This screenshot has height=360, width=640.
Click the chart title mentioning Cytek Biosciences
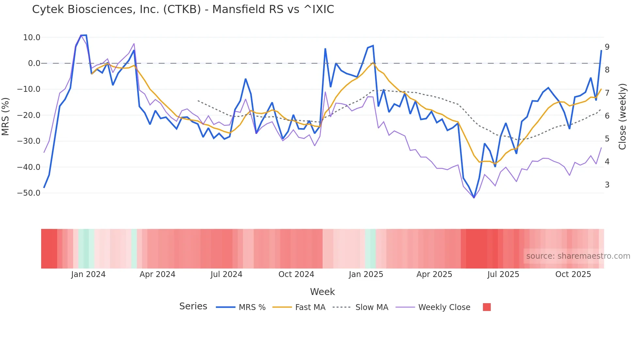[x=183, y=9]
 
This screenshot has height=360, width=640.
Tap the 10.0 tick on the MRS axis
[x=32, y=38]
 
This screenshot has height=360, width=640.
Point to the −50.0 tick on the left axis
[x=29, y=193]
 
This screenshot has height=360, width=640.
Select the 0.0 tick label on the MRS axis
[x=34, y=63]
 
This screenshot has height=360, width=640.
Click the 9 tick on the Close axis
[x=607, y=47]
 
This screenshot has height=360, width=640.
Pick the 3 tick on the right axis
[x=607, y=185]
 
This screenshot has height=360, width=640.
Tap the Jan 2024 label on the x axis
[x=88, y=274]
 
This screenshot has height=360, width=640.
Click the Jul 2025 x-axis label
[x=503, y=274]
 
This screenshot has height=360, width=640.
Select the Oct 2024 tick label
[x=296, y=274]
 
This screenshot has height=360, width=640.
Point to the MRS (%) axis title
[x=5, y=116]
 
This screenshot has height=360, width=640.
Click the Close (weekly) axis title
[x=622, y=116]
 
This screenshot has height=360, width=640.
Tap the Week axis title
[x=322, y=292]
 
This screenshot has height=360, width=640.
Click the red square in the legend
[x=487, y=307]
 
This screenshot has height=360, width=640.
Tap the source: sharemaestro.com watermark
[x=578, y=256]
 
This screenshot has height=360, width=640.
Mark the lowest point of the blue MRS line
[x=474, y=198]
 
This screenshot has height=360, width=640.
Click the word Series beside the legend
[x=193, y=306]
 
